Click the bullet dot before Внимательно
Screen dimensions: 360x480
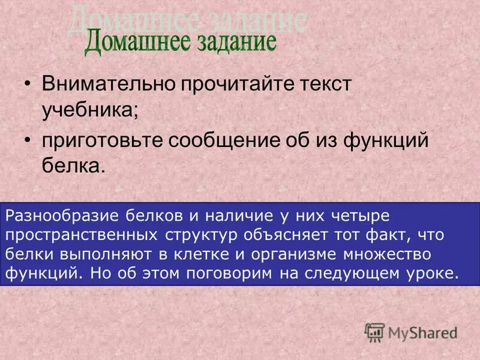point(29,84)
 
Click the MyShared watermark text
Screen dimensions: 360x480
point(422,332)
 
